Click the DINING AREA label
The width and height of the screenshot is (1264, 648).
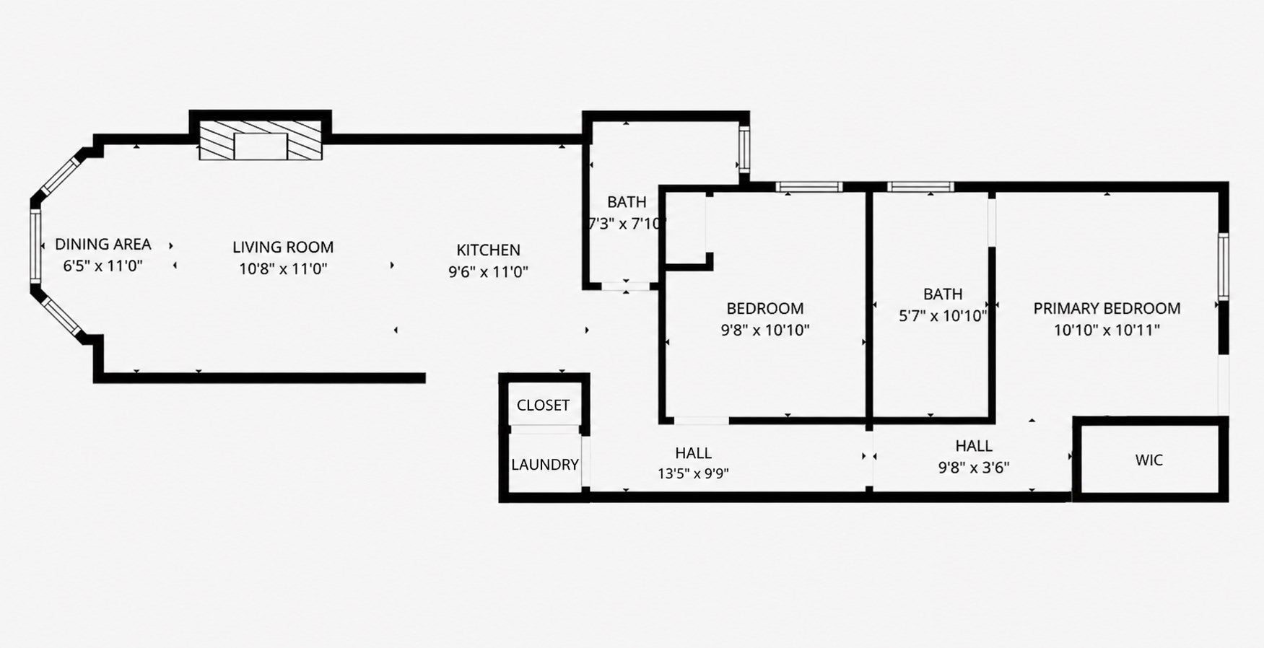(x=103, y=245)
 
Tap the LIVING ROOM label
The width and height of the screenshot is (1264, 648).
(x=283, y=248)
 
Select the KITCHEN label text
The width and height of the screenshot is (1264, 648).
(x=488, y=250)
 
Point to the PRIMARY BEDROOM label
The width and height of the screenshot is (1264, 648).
(x=1107, y=309)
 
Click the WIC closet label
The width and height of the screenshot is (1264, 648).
(x=1149, y=460)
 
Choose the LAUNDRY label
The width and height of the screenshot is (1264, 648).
(x=545, y=465)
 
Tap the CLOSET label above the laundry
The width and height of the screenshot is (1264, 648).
(x=543, y=406)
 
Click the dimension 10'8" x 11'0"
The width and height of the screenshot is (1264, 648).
(x=284, y=269)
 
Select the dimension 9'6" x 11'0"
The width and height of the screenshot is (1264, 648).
(x=488, y=272)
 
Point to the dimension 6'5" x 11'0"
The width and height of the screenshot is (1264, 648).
(x=103, y=266)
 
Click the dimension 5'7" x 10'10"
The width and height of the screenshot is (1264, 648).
(x=943, y=316)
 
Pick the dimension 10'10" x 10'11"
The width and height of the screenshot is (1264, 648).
(x=1107, y=330)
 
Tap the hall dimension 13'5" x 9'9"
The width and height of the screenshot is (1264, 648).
(x=693, y=474)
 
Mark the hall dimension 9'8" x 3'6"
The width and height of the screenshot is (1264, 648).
(x=974, y=468)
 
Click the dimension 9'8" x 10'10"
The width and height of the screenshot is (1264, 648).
(x=765, y=330)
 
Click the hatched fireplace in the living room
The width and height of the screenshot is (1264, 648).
(x=261, y=140)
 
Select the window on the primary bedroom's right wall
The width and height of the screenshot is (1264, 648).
(x=1224, y=266)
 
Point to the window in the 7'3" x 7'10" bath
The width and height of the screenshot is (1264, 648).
(x=744, y=149)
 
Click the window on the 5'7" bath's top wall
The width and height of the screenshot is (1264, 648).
(x=920, y=187)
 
